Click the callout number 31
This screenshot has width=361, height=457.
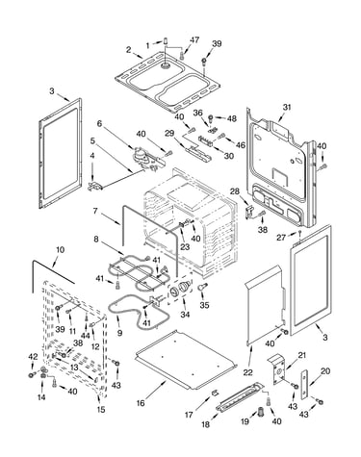pyautogui.click(x=287, y=107)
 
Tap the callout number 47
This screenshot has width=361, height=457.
pyautogui.click(x=194, y=39)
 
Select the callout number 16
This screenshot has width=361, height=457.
pyautogui.click(x=141, y=403)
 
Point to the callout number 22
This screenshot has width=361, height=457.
pyautogui.click(x=247, y=372)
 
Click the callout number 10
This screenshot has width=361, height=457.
pyautogui.click(x=61, y=249)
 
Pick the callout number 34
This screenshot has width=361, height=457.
pyautogui.click(x=185, y=315)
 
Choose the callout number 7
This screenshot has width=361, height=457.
pyautogui.click(x=95, y=211)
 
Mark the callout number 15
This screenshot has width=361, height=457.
pyautogui.click(x=101, y=410)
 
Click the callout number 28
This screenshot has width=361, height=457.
pyautogui.click(x=235, y=191)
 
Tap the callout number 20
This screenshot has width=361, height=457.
pyautogui.click(x=325, y=371)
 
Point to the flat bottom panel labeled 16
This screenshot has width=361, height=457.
pyautogui.click(x=186, y=359)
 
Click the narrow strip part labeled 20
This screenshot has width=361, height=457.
pyautogui.click(x=304, y=385)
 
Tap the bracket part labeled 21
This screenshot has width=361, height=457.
pyautogui.click(x=278, y=369)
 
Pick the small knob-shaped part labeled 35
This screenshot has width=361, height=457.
pyautogui.click(x=203, y=286)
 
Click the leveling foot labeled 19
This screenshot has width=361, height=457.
pyautogui.click(x=260, y=412)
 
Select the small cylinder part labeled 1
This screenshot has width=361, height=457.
pyautogui.click(x=167, y=41)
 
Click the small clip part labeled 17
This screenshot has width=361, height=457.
pyautogui.click(x=215, y=393)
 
